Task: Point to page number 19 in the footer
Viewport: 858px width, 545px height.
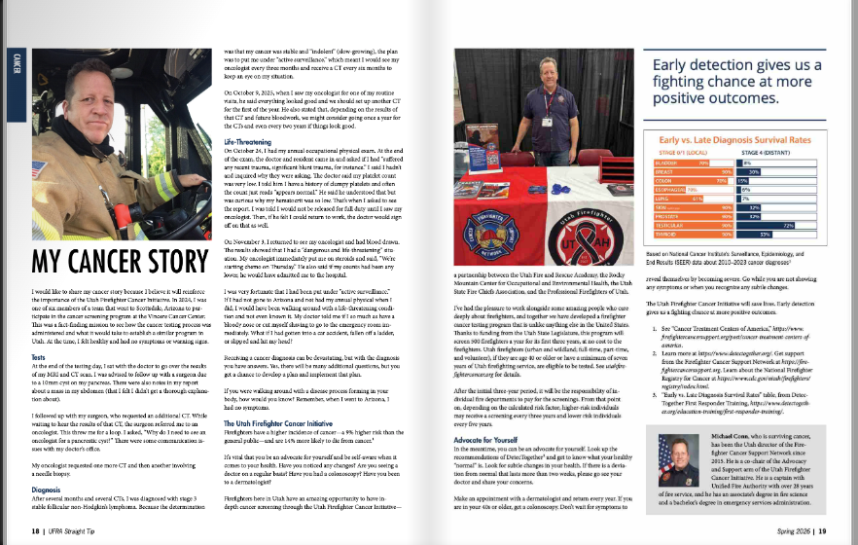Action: point(822,531)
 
